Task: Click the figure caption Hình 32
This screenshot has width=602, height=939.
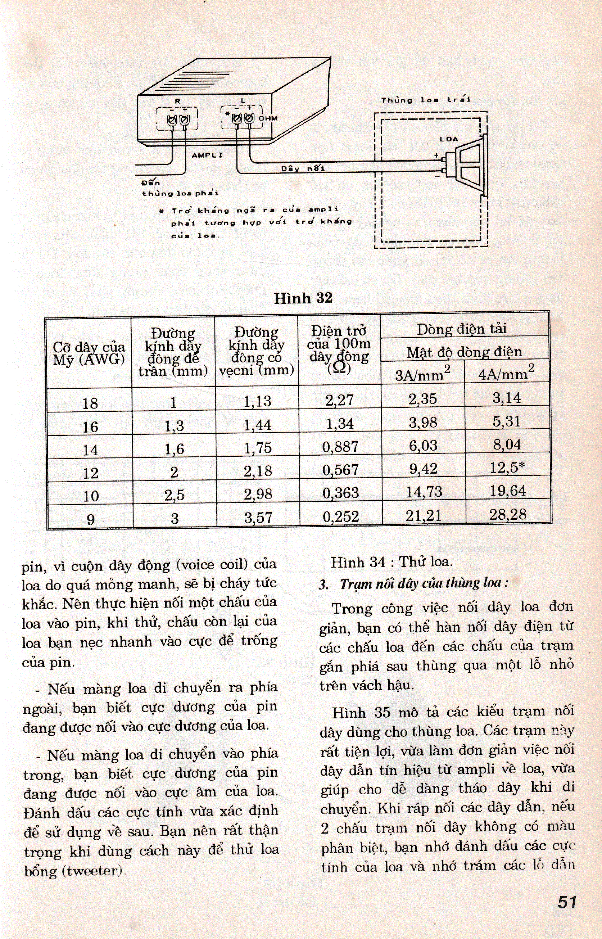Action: click(x=303, y=298)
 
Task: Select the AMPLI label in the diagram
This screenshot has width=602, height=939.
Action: click(x=207, y=155)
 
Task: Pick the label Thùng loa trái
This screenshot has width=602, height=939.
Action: click(x=426, y=100)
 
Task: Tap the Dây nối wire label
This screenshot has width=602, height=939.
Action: click(x=303, y=168)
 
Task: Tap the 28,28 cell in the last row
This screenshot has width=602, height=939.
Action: click(x=507, y=514)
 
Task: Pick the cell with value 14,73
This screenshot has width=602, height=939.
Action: click(x=424, y=491)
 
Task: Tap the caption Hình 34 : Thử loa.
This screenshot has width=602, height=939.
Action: click(x=391, y=562)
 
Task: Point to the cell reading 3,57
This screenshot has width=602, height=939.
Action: click(x=258, y=518)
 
